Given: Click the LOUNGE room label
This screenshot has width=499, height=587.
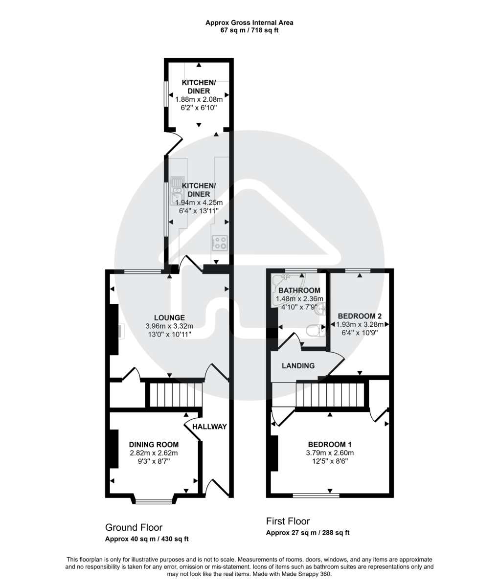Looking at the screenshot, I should click(x=169, y=317).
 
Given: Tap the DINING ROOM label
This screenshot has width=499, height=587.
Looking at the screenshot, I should click(x=154, y=445).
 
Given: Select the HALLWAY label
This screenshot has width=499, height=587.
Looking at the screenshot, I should click(x=209, y=427).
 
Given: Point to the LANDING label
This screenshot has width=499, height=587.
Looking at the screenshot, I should click(x=298, y=366).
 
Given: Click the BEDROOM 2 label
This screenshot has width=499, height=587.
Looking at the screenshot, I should click(x=359, y=316).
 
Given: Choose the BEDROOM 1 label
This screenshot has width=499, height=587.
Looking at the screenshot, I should click(x=329, y=445).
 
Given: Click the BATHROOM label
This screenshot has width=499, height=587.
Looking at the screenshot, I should click(x=299, y=291).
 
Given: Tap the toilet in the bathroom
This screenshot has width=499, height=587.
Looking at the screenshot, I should click(x=315, y=331).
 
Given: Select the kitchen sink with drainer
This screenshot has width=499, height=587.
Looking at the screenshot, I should click(x=177, y=191).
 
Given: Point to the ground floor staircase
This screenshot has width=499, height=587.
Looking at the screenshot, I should click(x=175, y=394).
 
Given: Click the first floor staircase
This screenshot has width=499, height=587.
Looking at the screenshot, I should click(x=331, y=395).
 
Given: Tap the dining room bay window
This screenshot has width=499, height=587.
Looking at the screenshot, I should click(x=154, y=500).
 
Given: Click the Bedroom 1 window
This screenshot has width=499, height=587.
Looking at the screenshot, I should click(x=316, y=496).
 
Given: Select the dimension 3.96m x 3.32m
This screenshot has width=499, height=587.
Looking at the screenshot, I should click(x=169, y=326).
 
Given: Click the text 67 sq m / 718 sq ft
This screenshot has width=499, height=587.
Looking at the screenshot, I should click(x=249, y=30).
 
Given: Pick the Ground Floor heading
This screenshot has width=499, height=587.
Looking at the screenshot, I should click(x=134, y=527).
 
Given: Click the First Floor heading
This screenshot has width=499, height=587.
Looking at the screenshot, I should click(x=288, y=521).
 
